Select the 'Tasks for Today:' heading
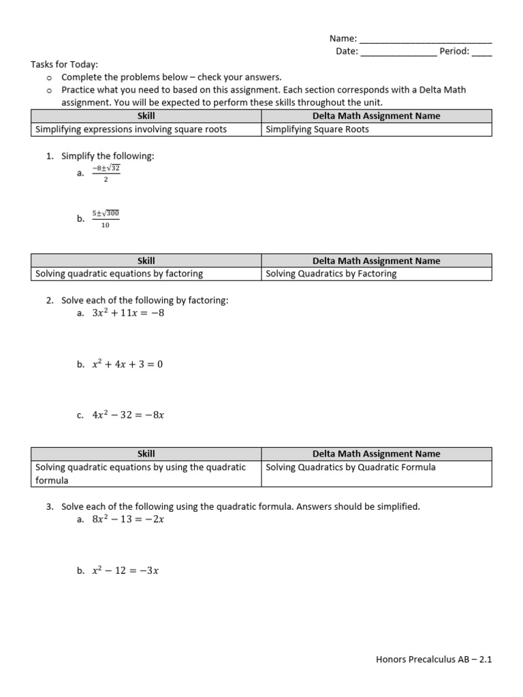65,65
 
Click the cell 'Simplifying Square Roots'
317,129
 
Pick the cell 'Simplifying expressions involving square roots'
131,129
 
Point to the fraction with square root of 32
106,173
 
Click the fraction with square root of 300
106,218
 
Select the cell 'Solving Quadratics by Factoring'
331,274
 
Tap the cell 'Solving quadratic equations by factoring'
119,274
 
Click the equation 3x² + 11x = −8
128,313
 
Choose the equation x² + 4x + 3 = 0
127,364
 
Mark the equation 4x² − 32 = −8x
128,415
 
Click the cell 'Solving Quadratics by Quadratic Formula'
351,467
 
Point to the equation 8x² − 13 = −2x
128,519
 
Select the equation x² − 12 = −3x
125,571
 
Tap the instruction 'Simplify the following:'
108,156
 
